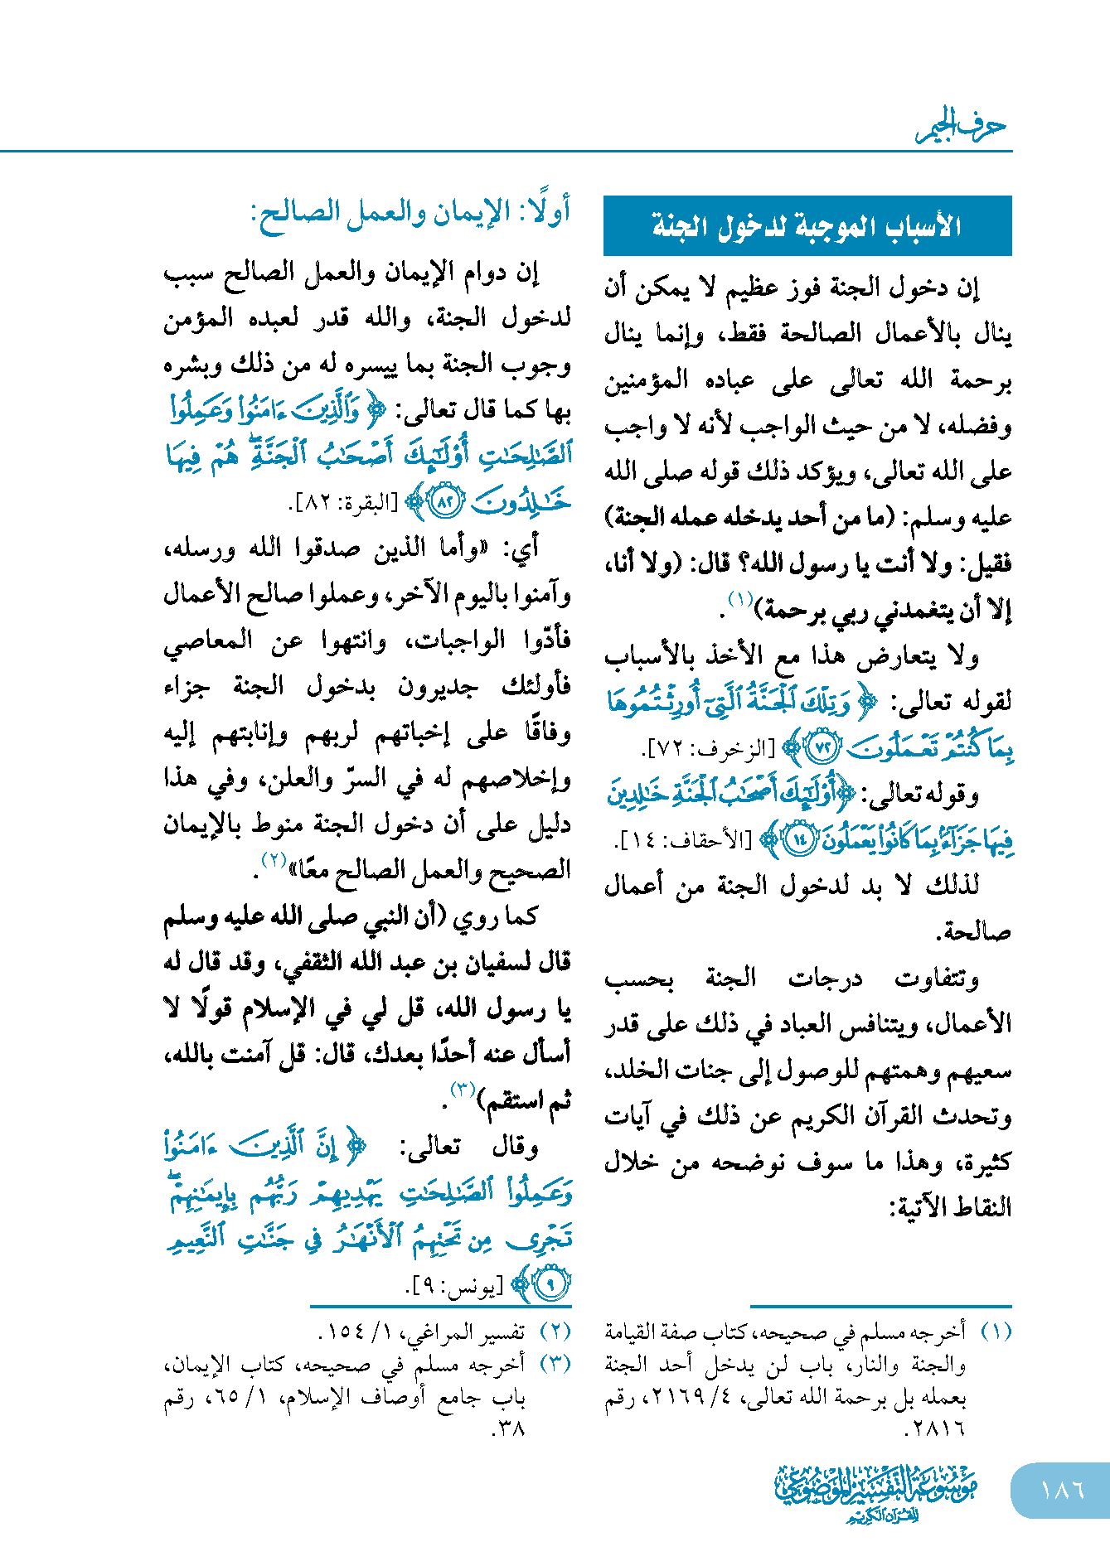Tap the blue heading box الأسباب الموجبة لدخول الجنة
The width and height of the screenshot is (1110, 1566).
[x=807, y=225]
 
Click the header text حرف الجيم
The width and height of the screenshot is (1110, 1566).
[x=961, y=126]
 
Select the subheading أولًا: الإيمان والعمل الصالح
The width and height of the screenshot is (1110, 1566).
[x=410, y=214]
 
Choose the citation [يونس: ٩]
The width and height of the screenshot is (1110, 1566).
[x=454, y=1287]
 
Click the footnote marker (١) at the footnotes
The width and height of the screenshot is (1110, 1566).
[x=996, y=1332]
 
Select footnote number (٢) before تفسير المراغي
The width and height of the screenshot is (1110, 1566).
[x=555, y=1332]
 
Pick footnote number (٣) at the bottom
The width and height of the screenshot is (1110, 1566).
[x=555, y=1364]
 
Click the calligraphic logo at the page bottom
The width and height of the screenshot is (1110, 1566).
[x=875, y=1491]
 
